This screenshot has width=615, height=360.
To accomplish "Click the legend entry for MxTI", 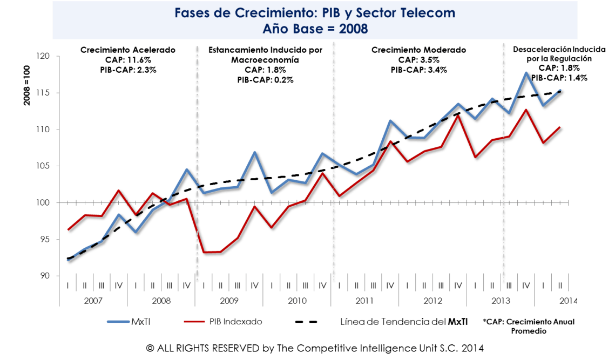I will (143, 322).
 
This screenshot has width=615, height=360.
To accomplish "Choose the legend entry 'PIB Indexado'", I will (235, 322).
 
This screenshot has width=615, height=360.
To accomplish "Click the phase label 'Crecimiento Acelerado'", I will (128, 50).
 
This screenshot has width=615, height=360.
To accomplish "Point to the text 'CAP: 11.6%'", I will (128, 60).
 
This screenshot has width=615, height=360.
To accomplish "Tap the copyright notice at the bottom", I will (307, 348).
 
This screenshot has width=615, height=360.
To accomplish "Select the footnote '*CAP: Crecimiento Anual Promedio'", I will (529, 326).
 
